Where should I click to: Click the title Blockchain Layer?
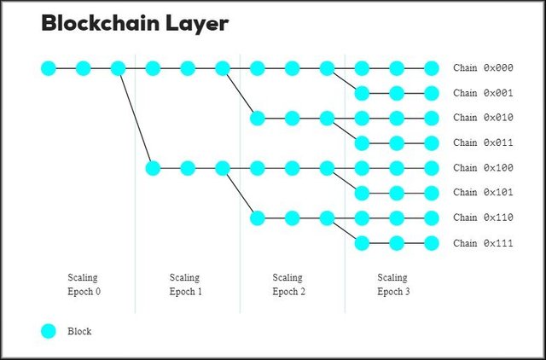point(135,24)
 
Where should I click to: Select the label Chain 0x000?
point(483,68)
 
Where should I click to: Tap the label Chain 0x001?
point(483,93)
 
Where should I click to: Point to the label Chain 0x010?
point(483,118)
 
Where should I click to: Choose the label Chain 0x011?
point(483,142)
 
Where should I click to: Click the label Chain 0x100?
point(483,168)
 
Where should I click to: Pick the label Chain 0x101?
point(483,193)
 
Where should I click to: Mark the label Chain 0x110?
point(483,218)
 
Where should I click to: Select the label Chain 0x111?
point(483,243)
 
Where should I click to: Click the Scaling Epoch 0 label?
point(84,284)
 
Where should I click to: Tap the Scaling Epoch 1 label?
point(185,284)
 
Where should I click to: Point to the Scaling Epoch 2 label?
point(288,284)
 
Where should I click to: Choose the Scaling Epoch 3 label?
point(392,284)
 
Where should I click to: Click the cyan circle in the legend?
point(49,331)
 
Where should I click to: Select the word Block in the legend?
point(79,331)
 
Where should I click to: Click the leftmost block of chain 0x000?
point(49,68)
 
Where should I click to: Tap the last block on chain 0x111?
point(432,243)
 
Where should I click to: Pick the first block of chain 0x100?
point(153,168)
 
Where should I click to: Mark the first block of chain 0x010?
point(257,118)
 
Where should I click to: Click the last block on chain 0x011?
point(432,142)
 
